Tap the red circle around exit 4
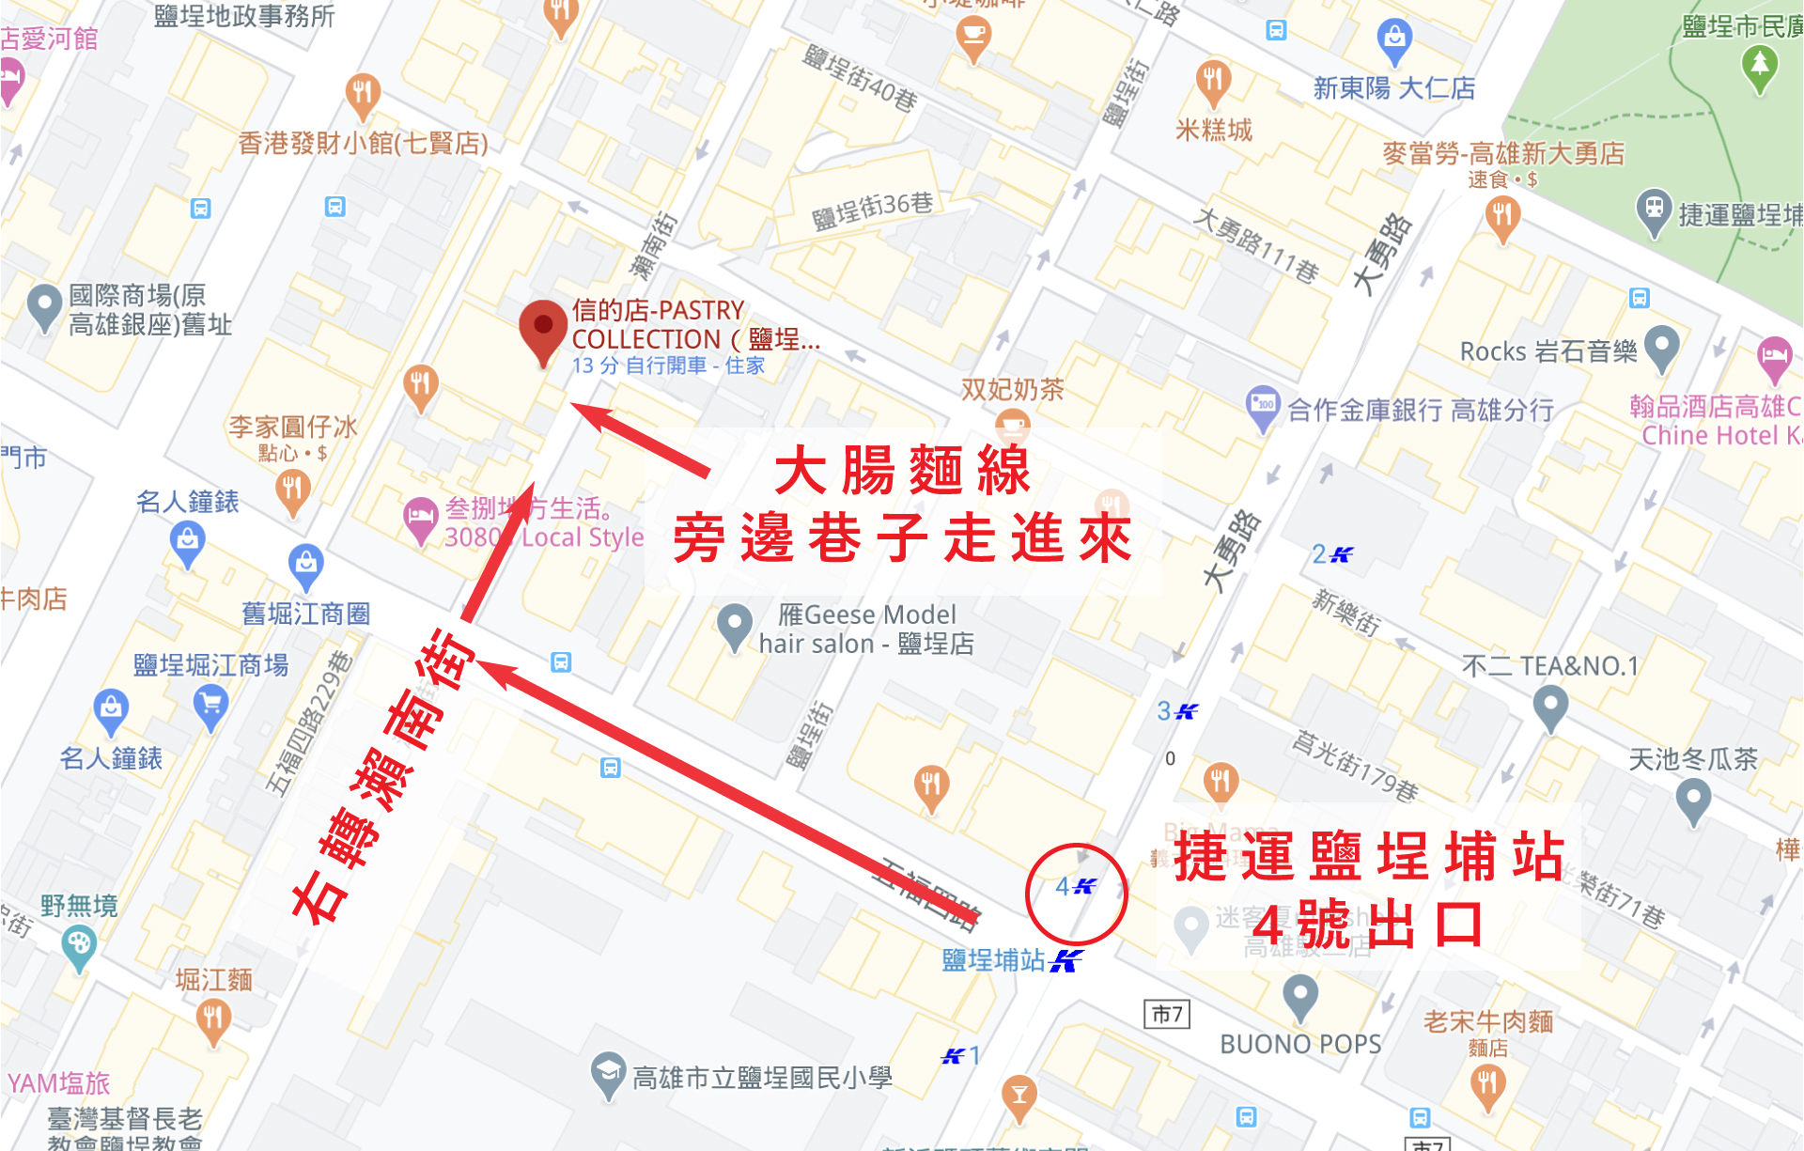(x=1076, y=894)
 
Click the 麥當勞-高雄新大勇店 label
(x=1503, y=153)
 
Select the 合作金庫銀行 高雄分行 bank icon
(x=1262, y=407)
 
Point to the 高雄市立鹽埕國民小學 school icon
(x=608, y=1074)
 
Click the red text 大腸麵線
(x=903, y=470)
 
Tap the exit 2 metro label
(x=1331, y=554)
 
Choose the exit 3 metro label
(x=1176, y=711)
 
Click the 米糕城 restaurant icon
(x=1213, y=83)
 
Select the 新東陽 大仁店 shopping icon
(x=1394, y=39)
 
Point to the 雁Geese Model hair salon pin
(x=734, y=625)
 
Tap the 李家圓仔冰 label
(x=293, y=428)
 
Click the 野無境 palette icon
(x=79, y=943)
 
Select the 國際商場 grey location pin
(x=44, y=305)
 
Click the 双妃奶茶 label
(x=1012, y=389)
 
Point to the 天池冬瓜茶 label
(x=1692, y=759)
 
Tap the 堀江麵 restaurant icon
(x=213, y=1019)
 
